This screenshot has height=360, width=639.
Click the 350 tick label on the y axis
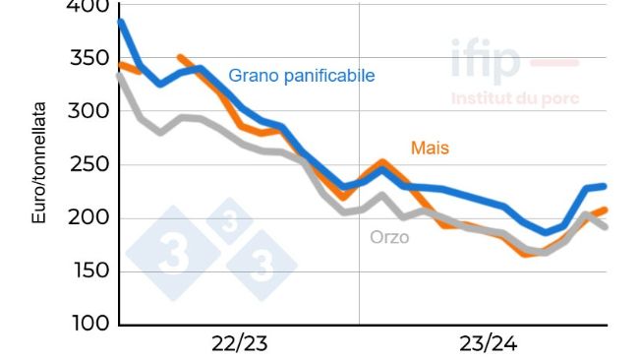pyautogui.click(x=88, y=58)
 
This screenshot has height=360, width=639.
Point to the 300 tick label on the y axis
pyautogui.click(x=88, y=111)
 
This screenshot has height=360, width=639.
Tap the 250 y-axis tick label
pyautogui.click(x=88, y=164)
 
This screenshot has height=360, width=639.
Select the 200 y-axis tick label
pyautogui.click(x=88, y=217)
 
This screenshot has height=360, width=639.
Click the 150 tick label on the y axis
pyautogui.click(x=88, y=270)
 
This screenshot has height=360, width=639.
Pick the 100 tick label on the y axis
pyautogui.click(x=88, y=324)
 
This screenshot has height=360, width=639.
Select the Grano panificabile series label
pyautogui.click(x=301, y=76)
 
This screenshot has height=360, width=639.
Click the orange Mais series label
pyautogui.click(x=430, y=148)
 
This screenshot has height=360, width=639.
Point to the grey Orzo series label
pyautogui.click(x=389, y=237)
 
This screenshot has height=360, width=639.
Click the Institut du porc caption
pyautogui.click(x=514, y=98)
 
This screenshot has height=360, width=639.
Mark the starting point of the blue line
pyautogui.click(x=120, y=22)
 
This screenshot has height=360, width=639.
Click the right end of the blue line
pyautogui.click(x=605, y=186)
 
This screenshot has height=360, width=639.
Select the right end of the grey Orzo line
pyautogui.click(x=605, y=227)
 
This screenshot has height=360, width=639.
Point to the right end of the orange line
pyautogui.click(x=605, y=210)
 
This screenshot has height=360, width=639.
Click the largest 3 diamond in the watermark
pyautogui.click(x=174, y=254)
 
